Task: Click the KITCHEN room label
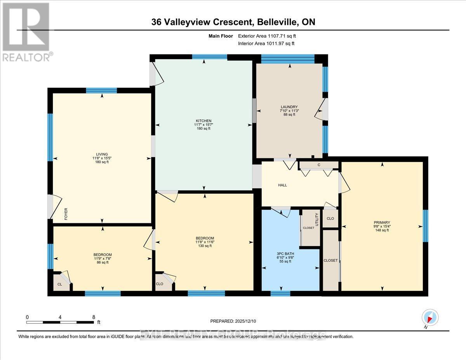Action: pyautogui.click(x=203, y=121)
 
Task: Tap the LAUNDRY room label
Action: pyautogui.click(x=289, y=107)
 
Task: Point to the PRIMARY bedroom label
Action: pyautogui.click(x=382, y=223)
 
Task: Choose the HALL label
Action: pyautogui.click(x=282, y=185)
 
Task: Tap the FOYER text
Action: pyautogui.click(x=66, y=214)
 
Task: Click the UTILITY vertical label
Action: pyautogui.click(x=317, y=220)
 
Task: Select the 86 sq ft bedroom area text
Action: pyautogui.click(x=103, y=263)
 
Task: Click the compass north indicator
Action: pyautogui.click(x=429, y=317)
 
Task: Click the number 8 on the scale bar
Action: pyautogui.click(x=94, y=317)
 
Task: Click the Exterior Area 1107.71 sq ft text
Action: pyautogui.click(x=270, y=36)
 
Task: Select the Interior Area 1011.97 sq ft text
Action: pyautogui.click(x=266, y=43)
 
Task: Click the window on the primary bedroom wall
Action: pyautogui.click(x=425, y=226)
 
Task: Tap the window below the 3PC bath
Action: pyautogui.click(x=280, y=293)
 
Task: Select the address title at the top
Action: pyautogui.click(x=233, y=22)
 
